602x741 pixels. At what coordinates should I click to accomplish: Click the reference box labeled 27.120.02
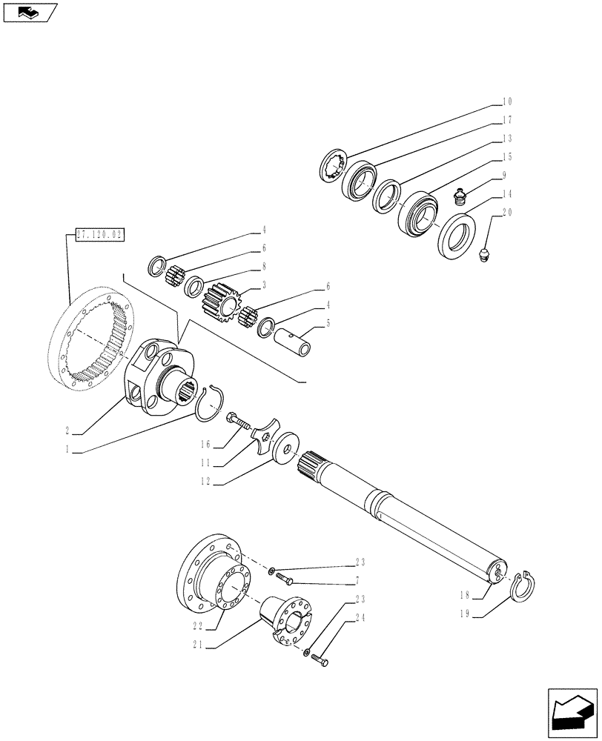tap(99, 236)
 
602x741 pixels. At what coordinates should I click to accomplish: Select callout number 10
tap(507, 101)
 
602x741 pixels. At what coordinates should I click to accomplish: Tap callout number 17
tap(507, 119)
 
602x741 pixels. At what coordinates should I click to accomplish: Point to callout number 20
tap(507, 213)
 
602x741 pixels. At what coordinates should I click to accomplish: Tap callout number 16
tap(207, 445)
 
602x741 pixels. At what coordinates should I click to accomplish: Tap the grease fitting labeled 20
tap(484, 256)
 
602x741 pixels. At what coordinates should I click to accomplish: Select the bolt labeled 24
tap(321, 658)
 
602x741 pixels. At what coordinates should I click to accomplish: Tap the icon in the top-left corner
tap(29, 13)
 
